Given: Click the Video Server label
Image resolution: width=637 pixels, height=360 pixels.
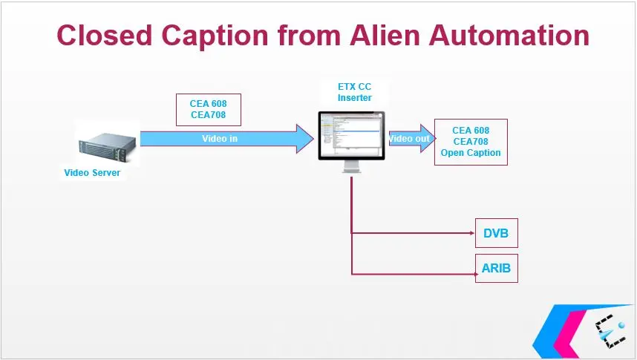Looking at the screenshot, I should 91,173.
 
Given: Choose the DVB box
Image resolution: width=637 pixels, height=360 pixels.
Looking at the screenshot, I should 495,233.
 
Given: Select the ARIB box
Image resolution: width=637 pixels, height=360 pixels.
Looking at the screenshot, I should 495,268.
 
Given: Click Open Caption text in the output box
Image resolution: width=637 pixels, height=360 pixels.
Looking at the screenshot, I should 471,153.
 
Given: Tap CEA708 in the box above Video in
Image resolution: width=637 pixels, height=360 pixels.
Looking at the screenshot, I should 208,115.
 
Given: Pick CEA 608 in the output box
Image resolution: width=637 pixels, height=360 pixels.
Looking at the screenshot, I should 471,131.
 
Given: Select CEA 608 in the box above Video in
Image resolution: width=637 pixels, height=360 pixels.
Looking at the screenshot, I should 208,104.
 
